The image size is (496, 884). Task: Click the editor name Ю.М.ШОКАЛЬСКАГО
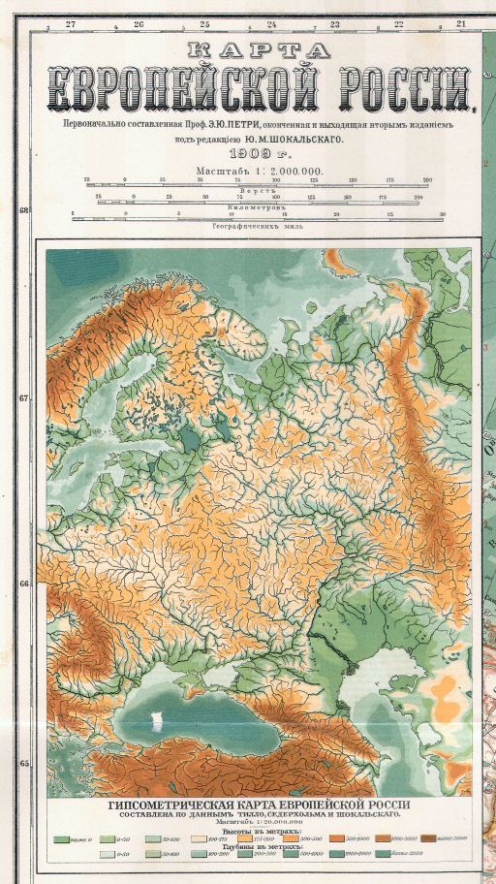point(294,139)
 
